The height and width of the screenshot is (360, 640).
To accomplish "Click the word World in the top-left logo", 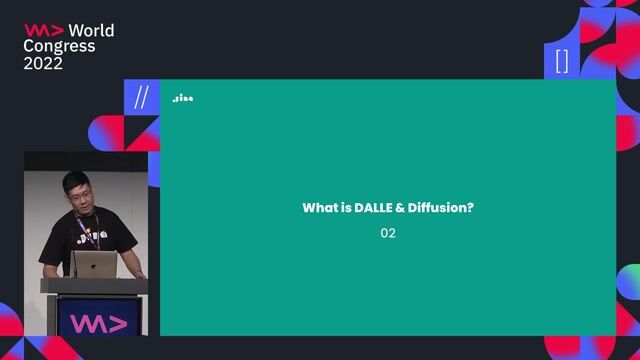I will [91, 30].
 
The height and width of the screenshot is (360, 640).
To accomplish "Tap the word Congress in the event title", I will [60, 46].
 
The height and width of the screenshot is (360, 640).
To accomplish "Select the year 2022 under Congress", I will [43, 63].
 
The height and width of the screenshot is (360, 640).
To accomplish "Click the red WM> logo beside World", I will [43, 30].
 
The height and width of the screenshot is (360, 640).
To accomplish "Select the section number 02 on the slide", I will [388, 233].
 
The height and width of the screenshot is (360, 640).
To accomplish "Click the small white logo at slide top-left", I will [182, 98].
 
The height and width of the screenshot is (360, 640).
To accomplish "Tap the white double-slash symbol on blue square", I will [141, 97].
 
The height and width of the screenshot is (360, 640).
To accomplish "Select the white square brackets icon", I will [561, 61].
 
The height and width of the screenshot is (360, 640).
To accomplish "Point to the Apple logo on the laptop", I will [96, 265].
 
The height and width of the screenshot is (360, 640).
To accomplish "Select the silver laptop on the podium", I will [96, 264].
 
